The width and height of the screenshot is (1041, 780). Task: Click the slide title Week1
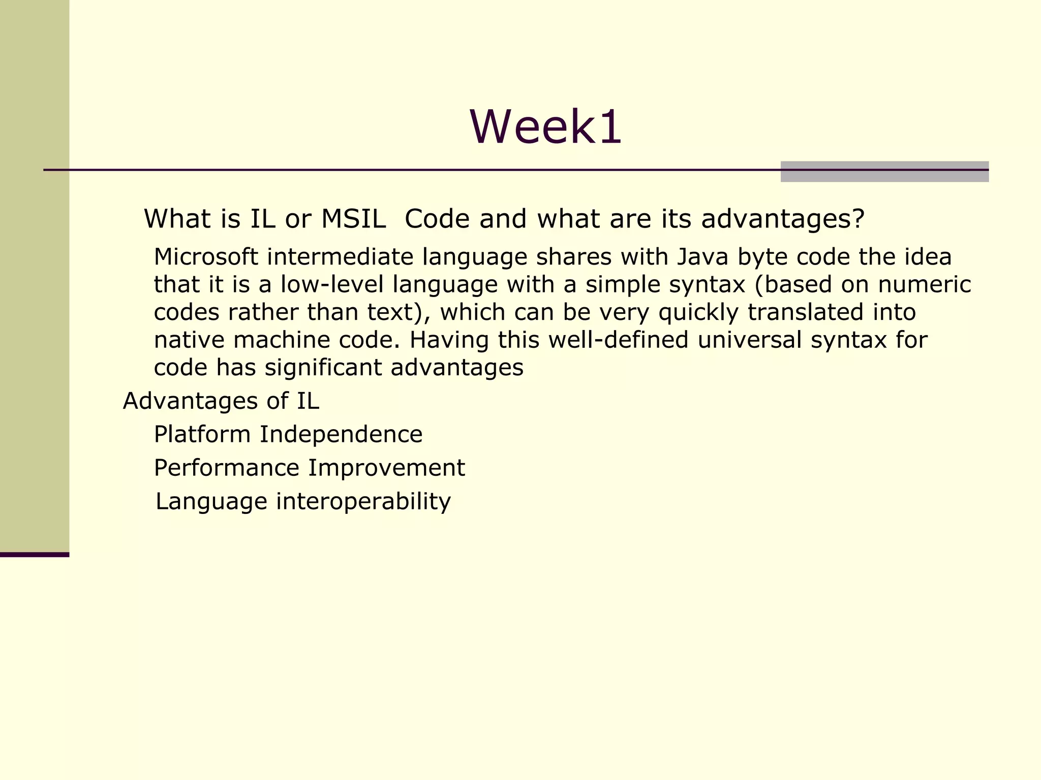click(545, 127)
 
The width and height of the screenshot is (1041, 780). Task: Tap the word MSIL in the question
click(353, 219)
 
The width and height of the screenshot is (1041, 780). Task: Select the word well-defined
click(618, 340)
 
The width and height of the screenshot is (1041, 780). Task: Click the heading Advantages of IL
click(221, 401)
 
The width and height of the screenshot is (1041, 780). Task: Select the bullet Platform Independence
click(288, 435)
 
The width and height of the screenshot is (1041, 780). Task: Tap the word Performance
click(227, 468)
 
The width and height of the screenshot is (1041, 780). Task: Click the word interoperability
click(363, 502)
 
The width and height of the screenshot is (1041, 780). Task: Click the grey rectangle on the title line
click(884, 172)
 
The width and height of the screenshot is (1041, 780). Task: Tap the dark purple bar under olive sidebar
click(34, 555)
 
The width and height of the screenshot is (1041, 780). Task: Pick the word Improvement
click(386, 468)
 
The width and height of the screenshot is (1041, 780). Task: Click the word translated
click(805, 312)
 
